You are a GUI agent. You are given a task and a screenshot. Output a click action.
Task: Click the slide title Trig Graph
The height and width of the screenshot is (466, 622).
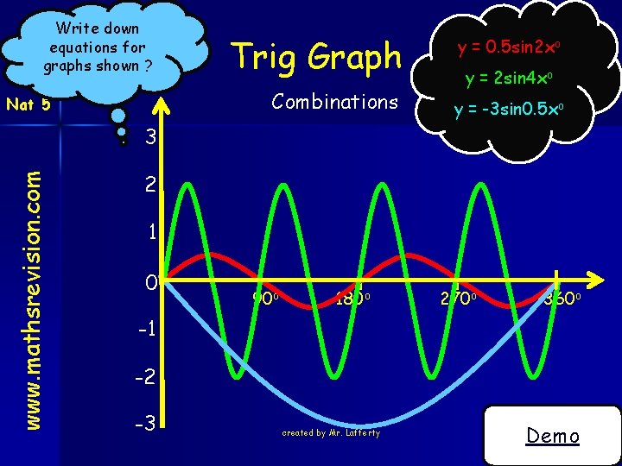(x=318, y=58)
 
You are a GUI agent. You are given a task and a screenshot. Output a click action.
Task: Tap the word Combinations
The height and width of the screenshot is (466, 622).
(x=334, y=102)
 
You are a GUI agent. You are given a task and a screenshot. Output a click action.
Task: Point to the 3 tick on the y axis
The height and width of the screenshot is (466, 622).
(x=150, y=138)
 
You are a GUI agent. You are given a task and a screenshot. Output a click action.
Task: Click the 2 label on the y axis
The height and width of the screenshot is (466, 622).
(x=150, y=186)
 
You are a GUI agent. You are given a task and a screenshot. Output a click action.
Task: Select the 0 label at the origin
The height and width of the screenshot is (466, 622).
(x=150, y=282)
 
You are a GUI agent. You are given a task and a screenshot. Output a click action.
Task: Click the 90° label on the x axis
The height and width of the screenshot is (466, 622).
(x=263, y=299)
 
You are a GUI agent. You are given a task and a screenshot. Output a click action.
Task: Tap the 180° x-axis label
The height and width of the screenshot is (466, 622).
(x=352, y=299)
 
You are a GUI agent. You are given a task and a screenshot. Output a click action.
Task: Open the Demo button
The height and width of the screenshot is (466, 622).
(x=553, y=436)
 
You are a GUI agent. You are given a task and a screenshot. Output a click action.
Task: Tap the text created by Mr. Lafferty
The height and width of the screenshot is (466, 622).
(x=331, y=432)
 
